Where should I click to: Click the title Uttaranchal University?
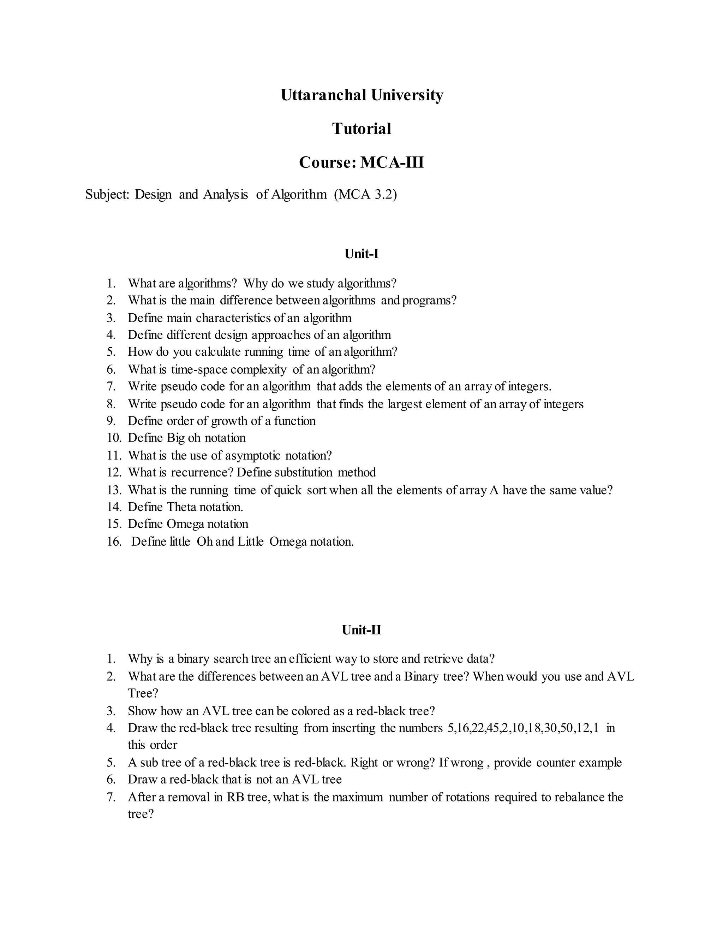[x=361, y=95]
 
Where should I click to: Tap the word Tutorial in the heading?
[x=361, y=129]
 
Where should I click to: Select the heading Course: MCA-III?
[x=361, y=162]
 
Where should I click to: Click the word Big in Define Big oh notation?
[x=175, y=438]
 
